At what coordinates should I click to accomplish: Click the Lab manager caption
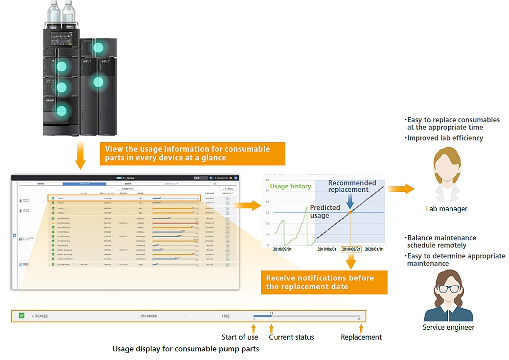446,209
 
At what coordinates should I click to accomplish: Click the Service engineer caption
448,327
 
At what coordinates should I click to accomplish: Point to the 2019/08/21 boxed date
351,249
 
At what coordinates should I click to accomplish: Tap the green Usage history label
290,186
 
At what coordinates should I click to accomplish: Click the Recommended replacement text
351,186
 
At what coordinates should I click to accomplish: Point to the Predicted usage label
324,211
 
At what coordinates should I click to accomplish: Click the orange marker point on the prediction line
350,212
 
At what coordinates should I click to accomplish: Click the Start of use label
240,337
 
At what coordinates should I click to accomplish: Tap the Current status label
291,337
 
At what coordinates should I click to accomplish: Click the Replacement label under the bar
361,337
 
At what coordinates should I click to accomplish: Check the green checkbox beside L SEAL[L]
22,316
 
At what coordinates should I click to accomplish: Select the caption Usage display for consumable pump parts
185,349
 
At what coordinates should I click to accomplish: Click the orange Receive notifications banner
324,282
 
